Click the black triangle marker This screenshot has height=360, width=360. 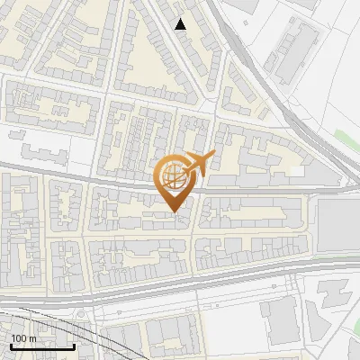coord(181,24)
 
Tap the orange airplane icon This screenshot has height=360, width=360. coord(198,165)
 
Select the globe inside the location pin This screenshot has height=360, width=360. coord(174,178)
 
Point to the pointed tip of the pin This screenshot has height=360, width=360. coord(174,211)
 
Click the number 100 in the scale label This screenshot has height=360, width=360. coord(18,338)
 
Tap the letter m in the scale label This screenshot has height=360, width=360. coord(31,338)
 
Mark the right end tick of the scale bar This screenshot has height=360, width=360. coord(74,346)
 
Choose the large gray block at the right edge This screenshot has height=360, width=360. coord(337,225)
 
